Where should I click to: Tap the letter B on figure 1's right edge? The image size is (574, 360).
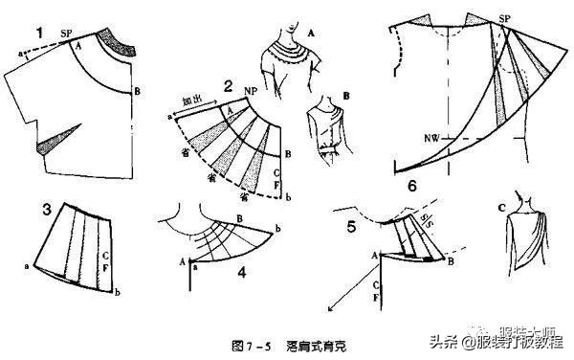tap(141, 91)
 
